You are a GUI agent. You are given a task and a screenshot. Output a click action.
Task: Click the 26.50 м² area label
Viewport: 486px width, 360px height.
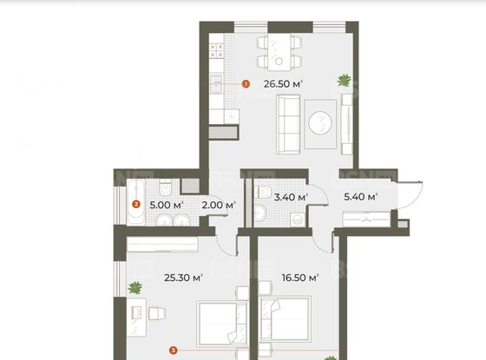[283, 84]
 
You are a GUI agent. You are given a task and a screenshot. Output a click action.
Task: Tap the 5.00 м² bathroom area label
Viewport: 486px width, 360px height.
[167, 205]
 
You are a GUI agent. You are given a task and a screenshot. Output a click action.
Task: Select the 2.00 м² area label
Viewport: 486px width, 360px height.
[219, 205]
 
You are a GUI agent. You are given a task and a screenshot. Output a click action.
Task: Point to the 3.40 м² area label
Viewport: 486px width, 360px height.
[291, 197]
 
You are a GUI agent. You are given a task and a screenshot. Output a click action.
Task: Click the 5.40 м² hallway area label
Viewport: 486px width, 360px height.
[360, 197]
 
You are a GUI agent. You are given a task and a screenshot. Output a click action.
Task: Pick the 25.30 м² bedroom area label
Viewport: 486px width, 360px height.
[183, 278]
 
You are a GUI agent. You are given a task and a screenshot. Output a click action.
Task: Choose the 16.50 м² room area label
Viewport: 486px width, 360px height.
[300, 278]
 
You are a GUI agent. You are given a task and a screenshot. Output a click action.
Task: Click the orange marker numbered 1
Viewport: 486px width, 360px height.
[246, 84]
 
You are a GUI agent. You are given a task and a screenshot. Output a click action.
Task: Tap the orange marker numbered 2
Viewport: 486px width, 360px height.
[136, 205]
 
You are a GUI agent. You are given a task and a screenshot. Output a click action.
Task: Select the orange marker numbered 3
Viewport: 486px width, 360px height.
[174, 350]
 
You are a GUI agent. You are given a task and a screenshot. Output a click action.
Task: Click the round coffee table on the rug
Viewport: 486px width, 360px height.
[320, 123]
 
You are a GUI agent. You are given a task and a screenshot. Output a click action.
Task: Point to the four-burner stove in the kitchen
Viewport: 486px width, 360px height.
[216, 51]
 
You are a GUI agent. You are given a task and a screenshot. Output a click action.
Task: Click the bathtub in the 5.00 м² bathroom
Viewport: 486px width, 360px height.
[135, 202]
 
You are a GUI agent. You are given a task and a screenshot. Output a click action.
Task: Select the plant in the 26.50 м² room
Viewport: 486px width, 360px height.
[345, 81]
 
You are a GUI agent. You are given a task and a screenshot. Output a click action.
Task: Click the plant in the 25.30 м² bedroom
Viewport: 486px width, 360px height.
[135, 288]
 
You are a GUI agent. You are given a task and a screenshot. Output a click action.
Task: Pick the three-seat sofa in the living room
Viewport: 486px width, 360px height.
[288, 125]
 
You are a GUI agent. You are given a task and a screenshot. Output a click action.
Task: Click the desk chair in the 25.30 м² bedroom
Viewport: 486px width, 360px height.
[157, 313]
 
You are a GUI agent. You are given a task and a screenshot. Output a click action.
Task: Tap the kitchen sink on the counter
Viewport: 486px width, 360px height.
[216, 83]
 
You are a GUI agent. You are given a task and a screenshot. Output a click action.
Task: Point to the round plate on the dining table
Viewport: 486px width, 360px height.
[279, 62]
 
